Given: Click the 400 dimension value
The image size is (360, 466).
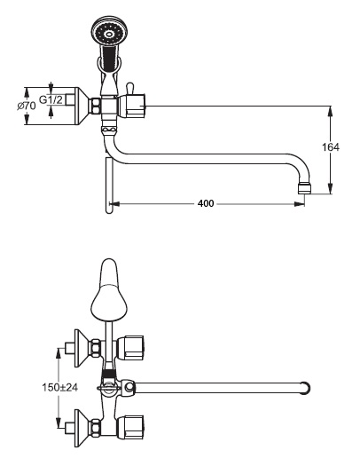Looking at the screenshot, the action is (206, 203).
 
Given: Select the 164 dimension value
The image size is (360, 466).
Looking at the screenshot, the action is (331, 146).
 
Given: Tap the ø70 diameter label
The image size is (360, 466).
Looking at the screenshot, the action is (27, 106).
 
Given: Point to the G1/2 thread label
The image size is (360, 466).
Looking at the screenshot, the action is (51, 99).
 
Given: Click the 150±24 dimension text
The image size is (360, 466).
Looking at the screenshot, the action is (60, 387).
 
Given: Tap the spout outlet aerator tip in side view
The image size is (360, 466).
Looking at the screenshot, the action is (304, 189).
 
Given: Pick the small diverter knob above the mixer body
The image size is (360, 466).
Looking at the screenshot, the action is (130, 88).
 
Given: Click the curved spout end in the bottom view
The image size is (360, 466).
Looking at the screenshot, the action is (306, 389).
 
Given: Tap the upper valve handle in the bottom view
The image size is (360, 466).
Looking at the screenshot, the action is (130, 348).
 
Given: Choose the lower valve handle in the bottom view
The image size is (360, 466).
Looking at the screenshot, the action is (130, 428).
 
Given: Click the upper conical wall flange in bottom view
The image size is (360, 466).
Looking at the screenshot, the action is (82, 348).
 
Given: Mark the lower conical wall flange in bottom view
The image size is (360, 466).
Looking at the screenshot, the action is (82, 428).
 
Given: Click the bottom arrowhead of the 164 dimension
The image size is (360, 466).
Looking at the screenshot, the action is (330, 188).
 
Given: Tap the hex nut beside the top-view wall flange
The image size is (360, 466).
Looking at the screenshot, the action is (96, 106).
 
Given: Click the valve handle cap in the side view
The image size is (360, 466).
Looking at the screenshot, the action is (132, 106).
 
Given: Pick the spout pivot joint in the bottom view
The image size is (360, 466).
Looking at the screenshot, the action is (129, 388).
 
